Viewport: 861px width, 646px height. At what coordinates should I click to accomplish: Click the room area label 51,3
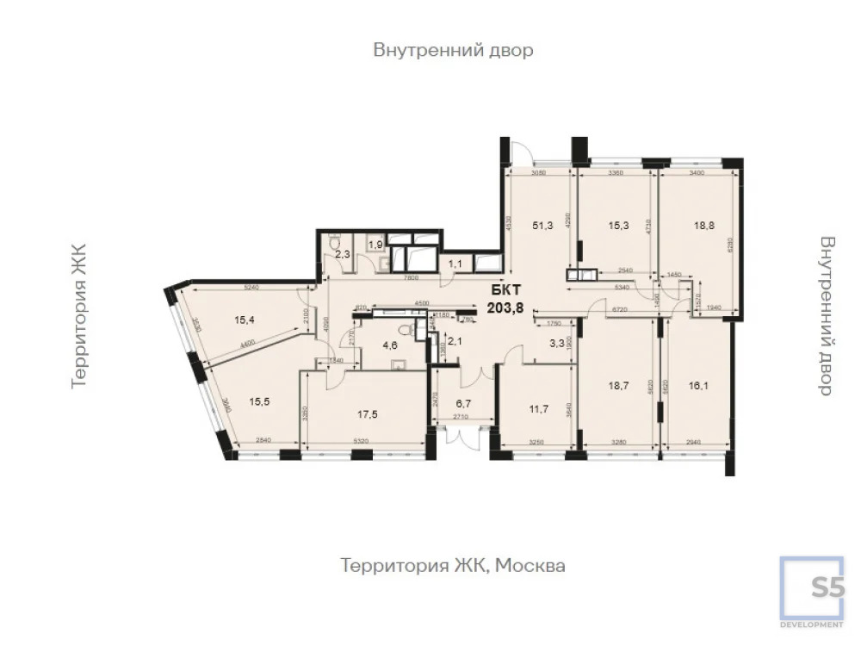542,226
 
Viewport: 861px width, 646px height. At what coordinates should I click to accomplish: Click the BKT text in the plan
505,289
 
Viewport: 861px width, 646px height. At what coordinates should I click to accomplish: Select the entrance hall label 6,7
464,402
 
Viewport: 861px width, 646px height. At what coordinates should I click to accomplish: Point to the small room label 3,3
558,343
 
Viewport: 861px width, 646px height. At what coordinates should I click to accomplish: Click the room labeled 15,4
245,320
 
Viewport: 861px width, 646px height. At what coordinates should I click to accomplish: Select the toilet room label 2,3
342,255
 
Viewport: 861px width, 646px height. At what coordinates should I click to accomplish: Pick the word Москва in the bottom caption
535,566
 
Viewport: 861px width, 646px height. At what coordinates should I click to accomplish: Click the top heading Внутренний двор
453,50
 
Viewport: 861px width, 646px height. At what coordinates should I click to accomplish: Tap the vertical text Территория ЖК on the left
79,315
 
